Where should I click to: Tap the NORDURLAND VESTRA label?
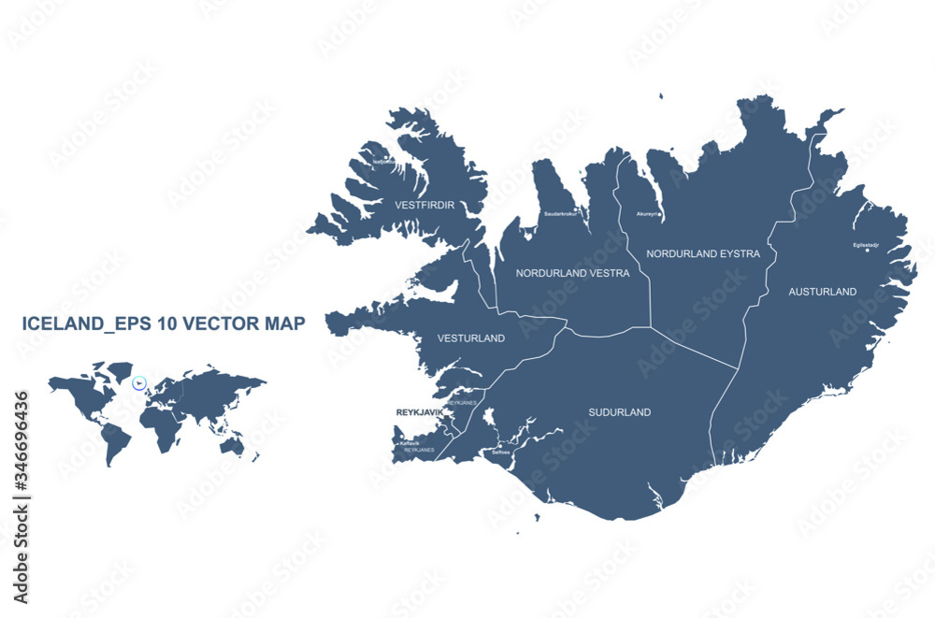[572, 273]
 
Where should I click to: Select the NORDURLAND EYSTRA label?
[703, 253]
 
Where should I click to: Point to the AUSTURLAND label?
[822, 292]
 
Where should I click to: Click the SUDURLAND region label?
[619, 412]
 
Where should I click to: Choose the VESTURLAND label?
[471, 338]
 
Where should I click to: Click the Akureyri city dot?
[660, 214]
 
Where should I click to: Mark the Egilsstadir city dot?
[867, 251]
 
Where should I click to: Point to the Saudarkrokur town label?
[561, 214]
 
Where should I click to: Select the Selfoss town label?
[500, 453]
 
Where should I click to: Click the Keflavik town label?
[410, 443]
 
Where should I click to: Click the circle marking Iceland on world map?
[139, 382]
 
